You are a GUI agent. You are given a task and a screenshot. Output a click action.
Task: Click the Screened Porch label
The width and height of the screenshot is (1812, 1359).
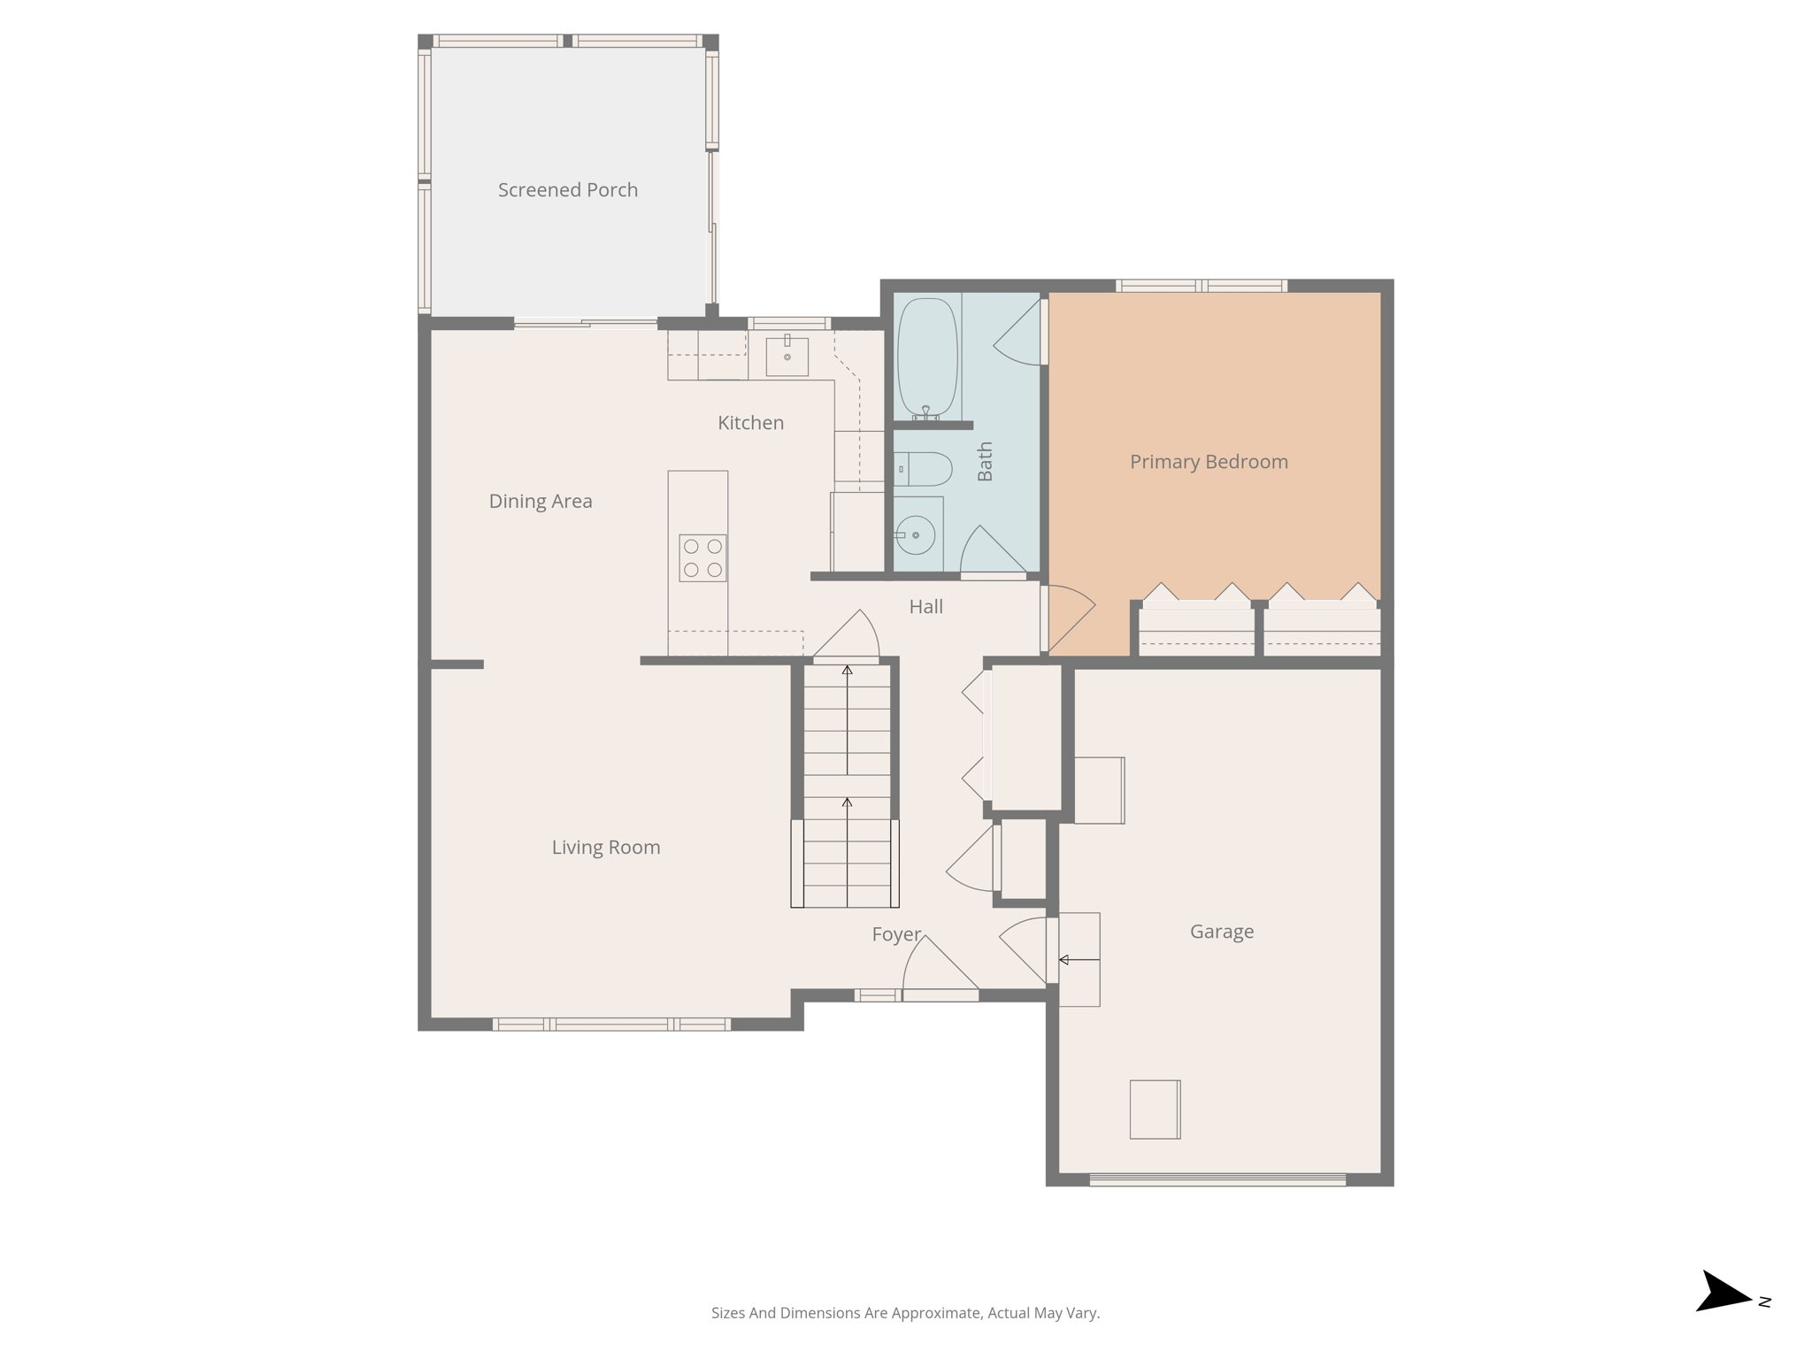pos(567,190)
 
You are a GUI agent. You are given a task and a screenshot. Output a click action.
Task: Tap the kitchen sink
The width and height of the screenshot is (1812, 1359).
pos(787,356)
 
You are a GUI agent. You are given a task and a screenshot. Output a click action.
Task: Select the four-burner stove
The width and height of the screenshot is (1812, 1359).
pos(703,558)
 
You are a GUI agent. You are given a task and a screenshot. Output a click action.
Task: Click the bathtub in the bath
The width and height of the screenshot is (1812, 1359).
pos(926,357)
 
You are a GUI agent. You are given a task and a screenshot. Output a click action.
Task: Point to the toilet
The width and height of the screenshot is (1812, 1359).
pos(922,469)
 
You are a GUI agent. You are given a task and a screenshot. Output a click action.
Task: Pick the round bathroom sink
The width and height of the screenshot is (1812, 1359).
pos(916,535)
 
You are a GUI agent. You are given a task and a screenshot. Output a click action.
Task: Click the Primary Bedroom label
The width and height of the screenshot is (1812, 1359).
pos(1209,462)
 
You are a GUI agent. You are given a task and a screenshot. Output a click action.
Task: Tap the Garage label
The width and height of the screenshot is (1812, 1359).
pos(1221,932)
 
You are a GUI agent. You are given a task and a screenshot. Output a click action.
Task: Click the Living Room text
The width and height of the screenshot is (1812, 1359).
pos(606,848)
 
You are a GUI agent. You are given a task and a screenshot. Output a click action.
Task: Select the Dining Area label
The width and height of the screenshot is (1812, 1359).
pos(541,502)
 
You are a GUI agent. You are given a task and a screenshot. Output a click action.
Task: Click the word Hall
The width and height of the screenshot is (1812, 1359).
pos(925,607)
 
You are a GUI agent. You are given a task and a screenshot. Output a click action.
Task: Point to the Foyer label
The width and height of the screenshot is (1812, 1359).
pos(896,935)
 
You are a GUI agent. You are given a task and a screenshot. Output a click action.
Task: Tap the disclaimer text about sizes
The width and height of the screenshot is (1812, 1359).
pos(905,1313)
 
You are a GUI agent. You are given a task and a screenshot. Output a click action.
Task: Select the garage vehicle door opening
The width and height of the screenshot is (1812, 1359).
pos(1217,1179)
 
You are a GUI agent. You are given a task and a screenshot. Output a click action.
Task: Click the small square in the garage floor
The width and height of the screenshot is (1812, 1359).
pos(1155,1109)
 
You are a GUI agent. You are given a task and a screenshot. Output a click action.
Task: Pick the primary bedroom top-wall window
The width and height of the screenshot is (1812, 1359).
pos(1201,286)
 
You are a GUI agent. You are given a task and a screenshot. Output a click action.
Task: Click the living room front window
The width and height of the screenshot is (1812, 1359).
pos(610,1025)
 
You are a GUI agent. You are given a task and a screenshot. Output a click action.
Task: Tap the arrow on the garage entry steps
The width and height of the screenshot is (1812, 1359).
pos(1079,960)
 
